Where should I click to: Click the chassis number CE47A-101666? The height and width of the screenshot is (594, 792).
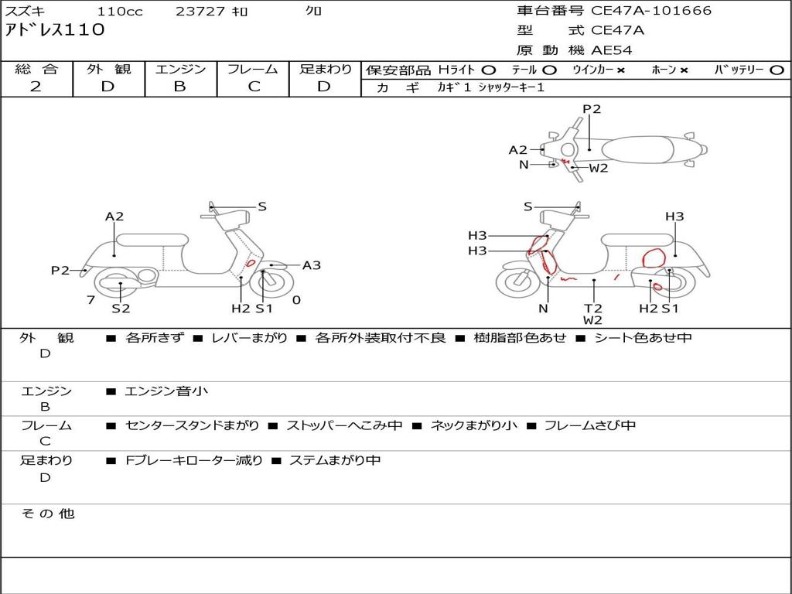[651, 11]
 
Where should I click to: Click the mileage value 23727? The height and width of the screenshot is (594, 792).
[200, 11]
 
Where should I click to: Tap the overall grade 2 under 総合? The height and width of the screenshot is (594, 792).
[36, 87]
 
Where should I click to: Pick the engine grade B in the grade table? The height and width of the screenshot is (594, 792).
[179, 87]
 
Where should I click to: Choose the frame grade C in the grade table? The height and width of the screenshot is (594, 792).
[254, 87]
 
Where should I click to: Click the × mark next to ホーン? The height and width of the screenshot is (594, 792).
[684, 70]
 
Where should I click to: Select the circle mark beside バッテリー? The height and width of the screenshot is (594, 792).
[777, 70]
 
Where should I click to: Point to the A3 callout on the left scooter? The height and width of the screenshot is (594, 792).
[311, 265]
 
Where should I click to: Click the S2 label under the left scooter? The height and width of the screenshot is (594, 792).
[121, 308]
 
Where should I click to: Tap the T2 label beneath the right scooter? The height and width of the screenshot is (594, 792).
[593, 308]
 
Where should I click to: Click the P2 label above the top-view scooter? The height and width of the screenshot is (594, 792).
[592, 109]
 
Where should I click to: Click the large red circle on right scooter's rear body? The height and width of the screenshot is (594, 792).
[654, 258]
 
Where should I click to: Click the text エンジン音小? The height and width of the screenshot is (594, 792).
[166, 391]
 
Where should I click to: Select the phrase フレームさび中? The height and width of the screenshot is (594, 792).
[590, 425]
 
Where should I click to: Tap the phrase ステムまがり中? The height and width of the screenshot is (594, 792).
[335, 460]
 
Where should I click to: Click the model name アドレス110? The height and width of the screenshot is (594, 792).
[55, 30]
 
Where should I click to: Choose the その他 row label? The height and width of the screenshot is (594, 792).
[48, 514]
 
